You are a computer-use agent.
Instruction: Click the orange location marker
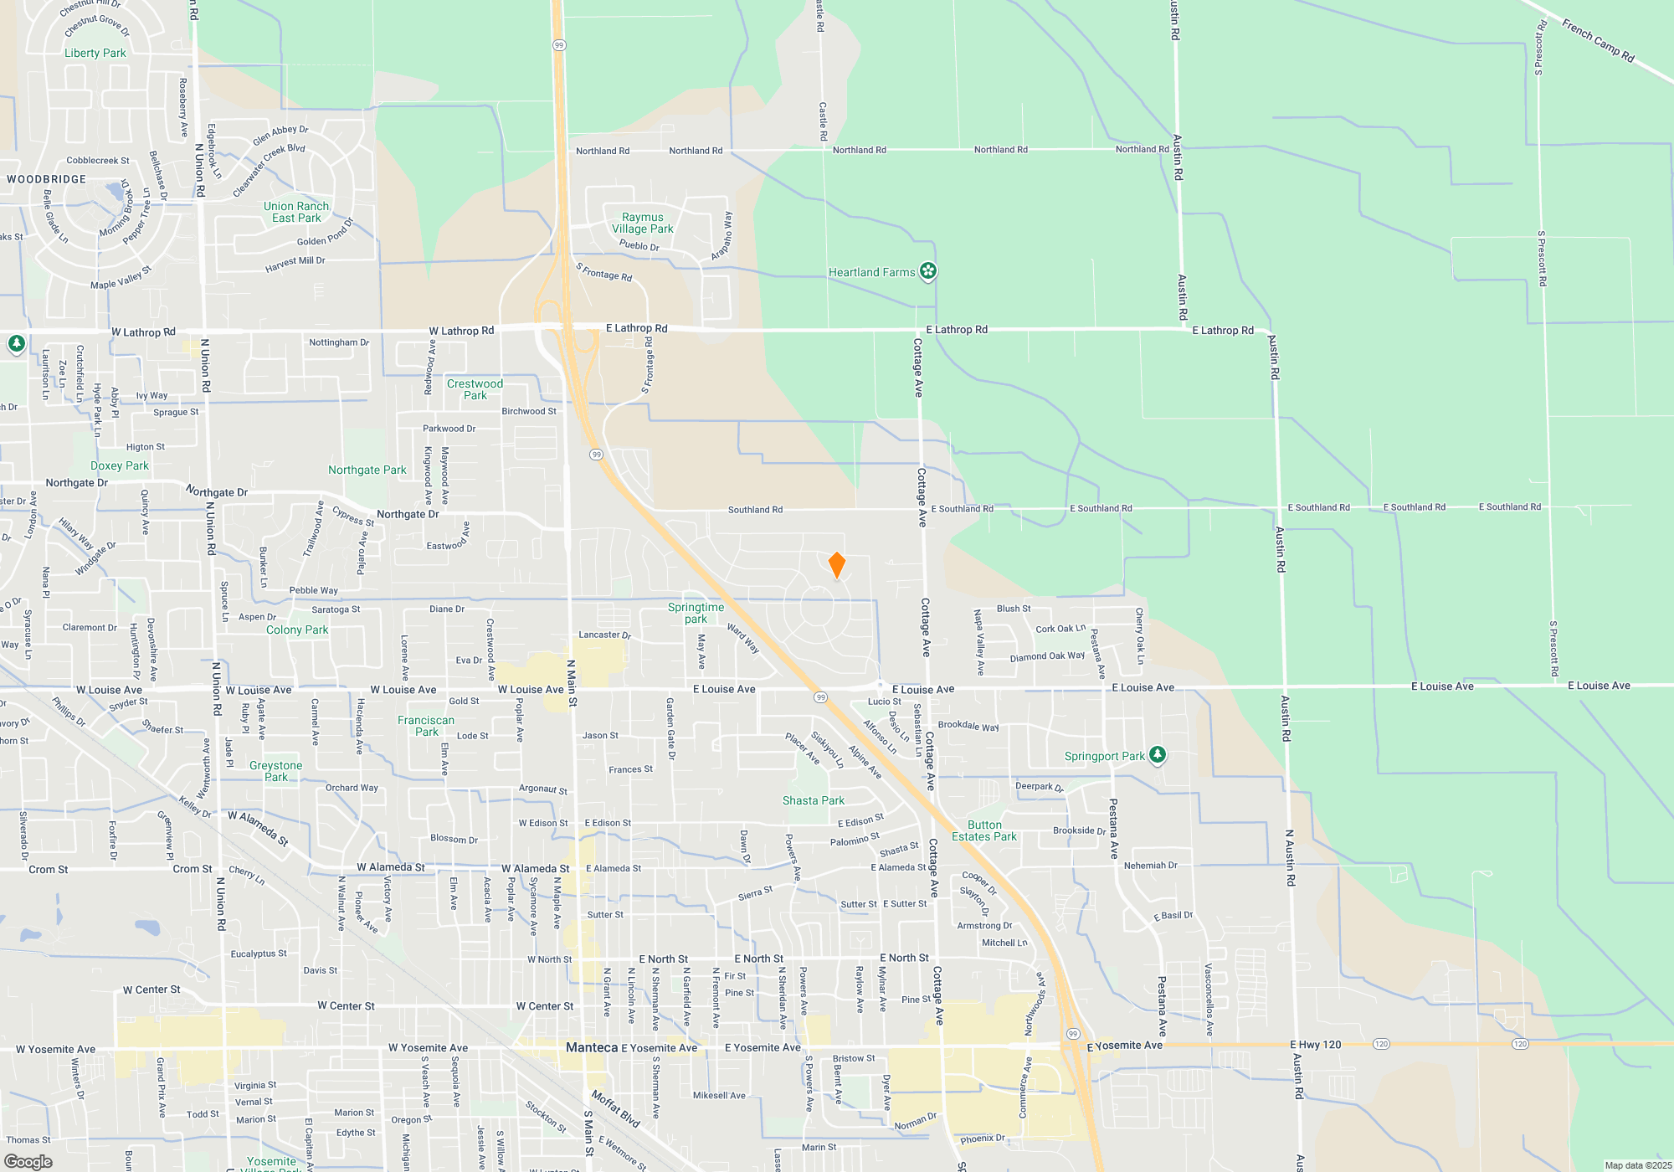836,565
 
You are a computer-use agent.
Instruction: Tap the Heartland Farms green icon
927,271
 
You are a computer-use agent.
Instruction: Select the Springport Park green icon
1157,755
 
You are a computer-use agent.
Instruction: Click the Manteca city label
592,1047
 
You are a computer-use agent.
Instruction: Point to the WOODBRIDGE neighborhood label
47,179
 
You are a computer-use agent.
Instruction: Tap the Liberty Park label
95,53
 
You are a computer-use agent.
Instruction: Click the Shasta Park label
814,800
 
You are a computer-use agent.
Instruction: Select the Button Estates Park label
984,830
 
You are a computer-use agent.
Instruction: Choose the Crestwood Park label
475,389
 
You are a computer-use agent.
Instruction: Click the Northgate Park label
367,470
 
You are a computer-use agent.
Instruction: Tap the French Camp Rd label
1598,42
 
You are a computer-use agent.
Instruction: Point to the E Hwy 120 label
1316,1045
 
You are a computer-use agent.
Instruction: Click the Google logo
28,1162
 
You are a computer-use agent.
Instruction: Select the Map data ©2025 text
1638,1165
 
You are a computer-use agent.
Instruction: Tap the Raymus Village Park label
642,223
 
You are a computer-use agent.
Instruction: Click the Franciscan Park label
426,726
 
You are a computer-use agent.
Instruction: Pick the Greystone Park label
276,771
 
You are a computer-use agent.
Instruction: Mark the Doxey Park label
120,465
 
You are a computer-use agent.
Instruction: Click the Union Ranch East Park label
296,212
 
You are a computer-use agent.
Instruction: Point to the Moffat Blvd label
616,1108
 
